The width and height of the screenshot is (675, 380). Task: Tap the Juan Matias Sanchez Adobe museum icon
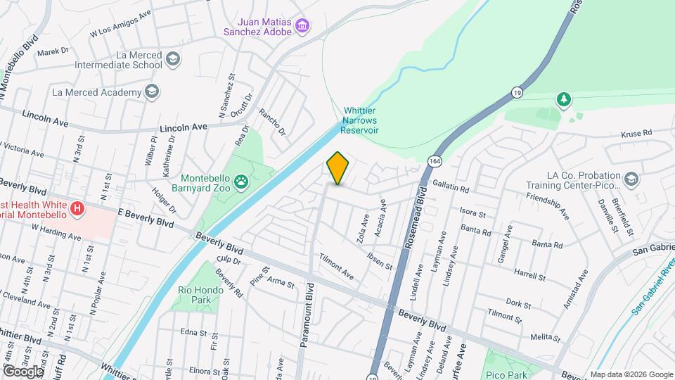point(302,27)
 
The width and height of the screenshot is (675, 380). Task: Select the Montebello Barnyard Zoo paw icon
point(241,182)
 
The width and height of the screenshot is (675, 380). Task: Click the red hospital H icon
point(78,208)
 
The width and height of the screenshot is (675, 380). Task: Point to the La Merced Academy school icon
point(151,91)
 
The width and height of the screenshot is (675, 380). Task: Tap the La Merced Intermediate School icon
point(173,60)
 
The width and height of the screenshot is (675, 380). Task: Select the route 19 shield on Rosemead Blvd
point(517,92)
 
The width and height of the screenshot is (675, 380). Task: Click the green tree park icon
point(562,99)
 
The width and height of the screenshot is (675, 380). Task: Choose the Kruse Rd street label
point(637,132)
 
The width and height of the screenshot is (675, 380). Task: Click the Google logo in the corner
point(22,371)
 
